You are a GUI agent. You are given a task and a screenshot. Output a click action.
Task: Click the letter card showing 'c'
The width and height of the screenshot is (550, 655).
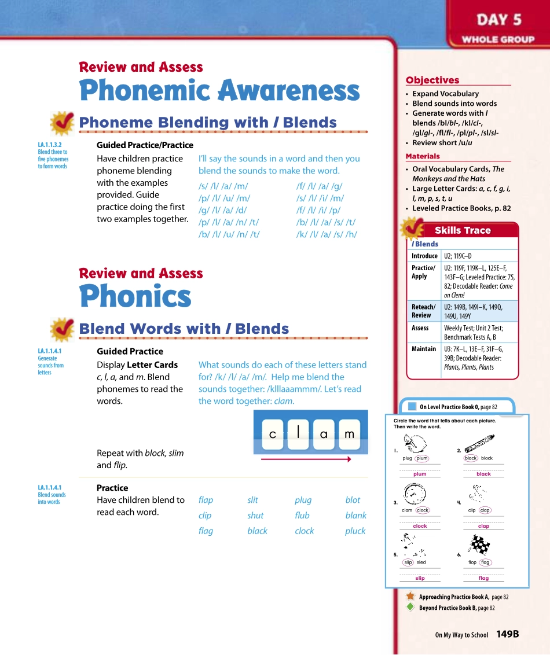(273, 434)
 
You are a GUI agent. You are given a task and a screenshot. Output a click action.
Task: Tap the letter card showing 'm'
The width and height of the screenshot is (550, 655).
(349, 434)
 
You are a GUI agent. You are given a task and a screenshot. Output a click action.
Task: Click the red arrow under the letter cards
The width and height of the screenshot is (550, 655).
(306, 459)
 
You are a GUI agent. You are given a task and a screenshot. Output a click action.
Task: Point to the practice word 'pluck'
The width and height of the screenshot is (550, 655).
(355, 531)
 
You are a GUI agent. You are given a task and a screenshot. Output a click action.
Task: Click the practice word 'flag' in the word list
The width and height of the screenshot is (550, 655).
(206, 531)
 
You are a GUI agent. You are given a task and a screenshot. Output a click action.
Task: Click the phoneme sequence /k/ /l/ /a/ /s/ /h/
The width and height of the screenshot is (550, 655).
(327, 234)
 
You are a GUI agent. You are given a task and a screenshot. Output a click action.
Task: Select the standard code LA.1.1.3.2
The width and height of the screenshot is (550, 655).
(50, 145)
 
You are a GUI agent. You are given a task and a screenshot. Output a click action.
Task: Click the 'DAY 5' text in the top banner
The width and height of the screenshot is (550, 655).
(499, 20)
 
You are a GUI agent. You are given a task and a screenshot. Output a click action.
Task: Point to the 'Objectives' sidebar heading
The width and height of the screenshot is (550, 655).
(432, 80)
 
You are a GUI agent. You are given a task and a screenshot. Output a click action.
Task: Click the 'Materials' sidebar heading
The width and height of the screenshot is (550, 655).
(423, 156)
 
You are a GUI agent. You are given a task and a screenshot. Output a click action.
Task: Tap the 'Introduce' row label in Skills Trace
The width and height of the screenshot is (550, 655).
(424, 256)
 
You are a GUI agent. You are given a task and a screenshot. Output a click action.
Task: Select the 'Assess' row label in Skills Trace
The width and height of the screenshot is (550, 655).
(420, 328)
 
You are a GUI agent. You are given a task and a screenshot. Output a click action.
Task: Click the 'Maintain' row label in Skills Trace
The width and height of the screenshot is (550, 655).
(424, 349)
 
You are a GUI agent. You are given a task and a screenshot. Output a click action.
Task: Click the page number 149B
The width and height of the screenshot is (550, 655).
(508, 634)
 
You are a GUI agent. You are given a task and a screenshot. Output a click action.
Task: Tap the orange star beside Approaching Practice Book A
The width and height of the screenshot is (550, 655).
(410, 596)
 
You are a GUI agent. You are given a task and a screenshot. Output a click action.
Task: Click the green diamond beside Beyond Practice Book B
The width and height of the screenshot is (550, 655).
(410, 607)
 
